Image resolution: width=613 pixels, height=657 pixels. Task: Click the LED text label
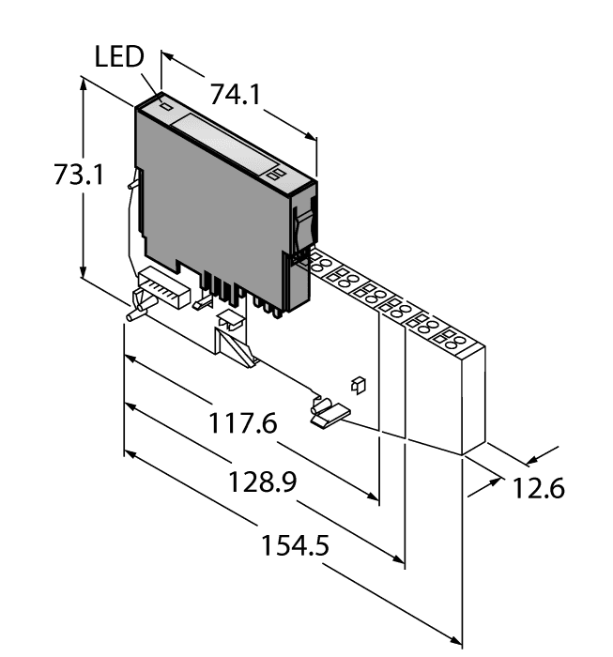pyautogui.click(x=119, y=58)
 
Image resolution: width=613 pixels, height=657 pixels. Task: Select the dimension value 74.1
pyautogui.click(x=233, y=95)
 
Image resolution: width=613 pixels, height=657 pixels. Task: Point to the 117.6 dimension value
pyautogui.click(x=242, y=424)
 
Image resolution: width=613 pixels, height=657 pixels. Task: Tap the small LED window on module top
pyautogui.click(x=168, y=106)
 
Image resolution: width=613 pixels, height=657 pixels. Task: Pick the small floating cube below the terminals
pyautogui.click(x=357, y=383)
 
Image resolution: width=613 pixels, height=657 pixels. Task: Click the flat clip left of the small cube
pyautogui.click(x=328, y=413)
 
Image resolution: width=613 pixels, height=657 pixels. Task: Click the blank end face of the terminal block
pyautogui.click(x=475, y=394)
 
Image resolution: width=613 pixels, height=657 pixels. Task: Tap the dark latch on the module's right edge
pyautogui.click(x=302, y=225)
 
